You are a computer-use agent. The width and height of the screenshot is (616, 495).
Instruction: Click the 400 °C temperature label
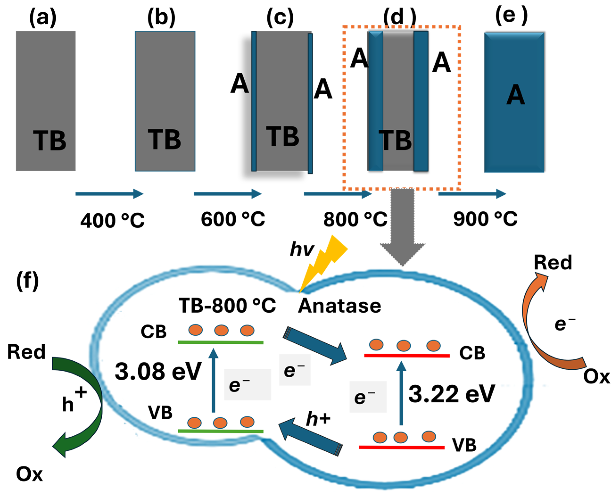coord(112,221)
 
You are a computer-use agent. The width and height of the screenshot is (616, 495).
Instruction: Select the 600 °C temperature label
coord(233,219)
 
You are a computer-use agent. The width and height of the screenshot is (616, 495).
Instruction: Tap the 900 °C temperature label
coord(485,219)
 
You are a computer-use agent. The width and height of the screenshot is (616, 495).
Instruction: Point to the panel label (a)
coord(43,18)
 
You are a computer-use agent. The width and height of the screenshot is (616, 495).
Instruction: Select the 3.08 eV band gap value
coord(158,371)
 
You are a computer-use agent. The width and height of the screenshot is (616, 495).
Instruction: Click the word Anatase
coord(339,306)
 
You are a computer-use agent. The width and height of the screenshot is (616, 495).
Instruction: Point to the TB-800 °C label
coord(227,305)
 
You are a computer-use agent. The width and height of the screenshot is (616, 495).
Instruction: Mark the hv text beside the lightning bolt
coord(302,249)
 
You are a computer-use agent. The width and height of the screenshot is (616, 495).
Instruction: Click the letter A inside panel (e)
coord(515,95)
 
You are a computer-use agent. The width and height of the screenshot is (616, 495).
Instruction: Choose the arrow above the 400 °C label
coord(109,194)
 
